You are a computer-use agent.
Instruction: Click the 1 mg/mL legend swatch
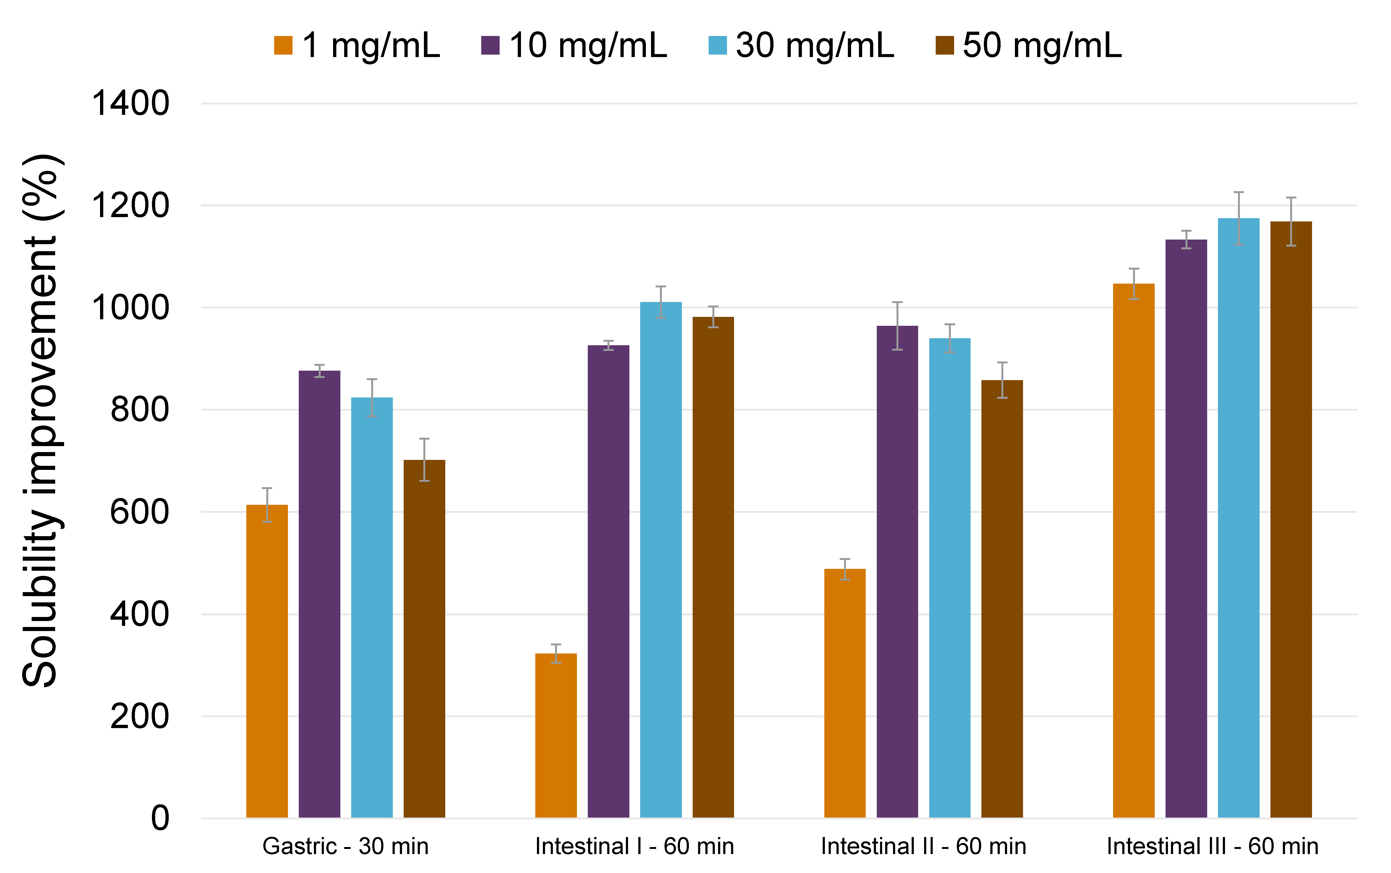tap(283, 46)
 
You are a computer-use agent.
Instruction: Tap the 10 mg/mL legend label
tap(588, 46)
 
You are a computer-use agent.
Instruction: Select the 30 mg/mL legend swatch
tap(717, 46)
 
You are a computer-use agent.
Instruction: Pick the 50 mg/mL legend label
tap(1042, 46)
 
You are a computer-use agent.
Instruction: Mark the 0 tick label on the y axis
tap(160, 818)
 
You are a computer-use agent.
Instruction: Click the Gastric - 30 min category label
tap(345, 847)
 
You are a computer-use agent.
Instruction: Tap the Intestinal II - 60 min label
tap(923, 847)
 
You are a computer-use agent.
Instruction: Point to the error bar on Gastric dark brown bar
tap(424, 460)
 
